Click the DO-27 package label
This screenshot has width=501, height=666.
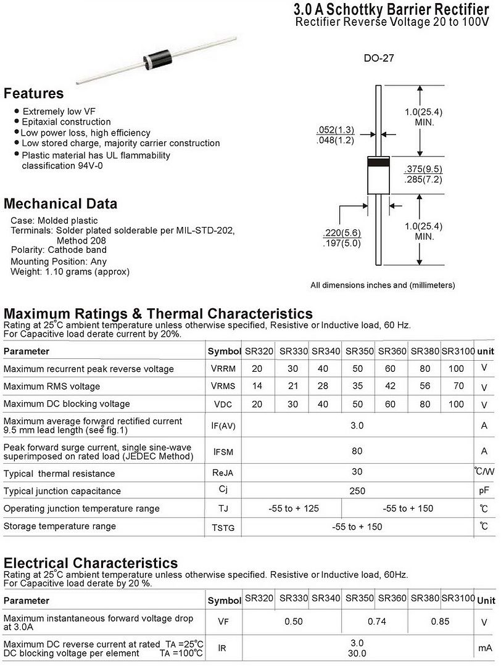coord(378,59)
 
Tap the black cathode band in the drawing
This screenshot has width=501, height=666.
coord(378,162)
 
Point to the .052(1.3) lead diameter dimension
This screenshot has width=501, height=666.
coord(335,129)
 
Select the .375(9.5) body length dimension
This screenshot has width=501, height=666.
coord(423,169)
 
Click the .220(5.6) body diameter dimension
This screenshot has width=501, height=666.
coord(342,232)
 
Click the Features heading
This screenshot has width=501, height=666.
coord(33,94)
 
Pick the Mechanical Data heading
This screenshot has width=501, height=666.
coord(60,204)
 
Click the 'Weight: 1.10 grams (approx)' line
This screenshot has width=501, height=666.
coord(70,271)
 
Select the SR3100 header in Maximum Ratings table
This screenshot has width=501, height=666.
coord(458,351)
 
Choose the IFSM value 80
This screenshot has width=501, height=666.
coord(357,451)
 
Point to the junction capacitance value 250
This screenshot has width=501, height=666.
coord(357,491)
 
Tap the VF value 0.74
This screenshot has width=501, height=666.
coord(376,622)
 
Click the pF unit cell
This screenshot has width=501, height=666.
coord(484,491)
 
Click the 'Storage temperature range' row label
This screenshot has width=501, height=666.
coord(59,526)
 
